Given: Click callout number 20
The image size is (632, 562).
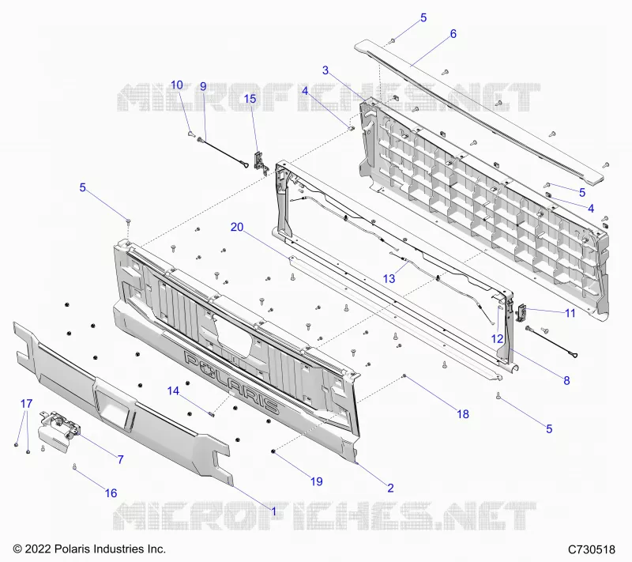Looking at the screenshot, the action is tap(237, 227).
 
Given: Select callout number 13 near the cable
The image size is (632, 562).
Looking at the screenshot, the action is tap(389, 278).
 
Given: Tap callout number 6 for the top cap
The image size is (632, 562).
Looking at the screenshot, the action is tap(453, 34).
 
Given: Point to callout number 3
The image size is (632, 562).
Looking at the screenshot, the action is tap(325, 70).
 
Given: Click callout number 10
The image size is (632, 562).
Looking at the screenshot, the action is tap(177, 85).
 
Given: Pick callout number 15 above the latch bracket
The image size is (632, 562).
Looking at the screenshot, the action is tap(250, 99).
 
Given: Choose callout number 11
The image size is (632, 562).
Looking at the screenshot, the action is tap(570, 313).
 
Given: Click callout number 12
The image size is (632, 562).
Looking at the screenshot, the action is tap(498, 338).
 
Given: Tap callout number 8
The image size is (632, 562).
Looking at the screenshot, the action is tap(566, 380).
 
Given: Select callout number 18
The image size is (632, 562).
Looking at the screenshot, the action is tap(463, 414).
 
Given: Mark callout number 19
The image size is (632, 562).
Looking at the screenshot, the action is tap(317, 481).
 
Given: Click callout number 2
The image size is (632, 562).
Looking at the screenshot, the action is tap(390, 488).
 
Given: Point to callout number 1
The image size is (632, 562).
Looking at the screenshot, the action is tap(274, 511).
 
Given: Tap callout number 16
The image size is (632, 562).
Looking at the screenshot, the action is tap(111, 493).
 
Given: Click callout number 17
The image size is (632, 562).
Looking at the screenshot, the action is tap(26, 404).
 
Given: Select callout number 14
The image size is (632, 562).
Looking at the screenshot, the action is tap(173, 390).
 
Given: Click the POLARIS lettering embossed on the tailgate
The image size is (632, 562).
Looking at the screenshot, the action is tap(231, 382).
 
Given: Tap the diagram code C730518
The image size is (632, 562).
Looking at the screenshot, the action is tap(591, 549).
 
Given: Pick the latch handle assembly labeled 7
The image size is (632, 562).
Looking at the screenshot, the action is tap(58, 430).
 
